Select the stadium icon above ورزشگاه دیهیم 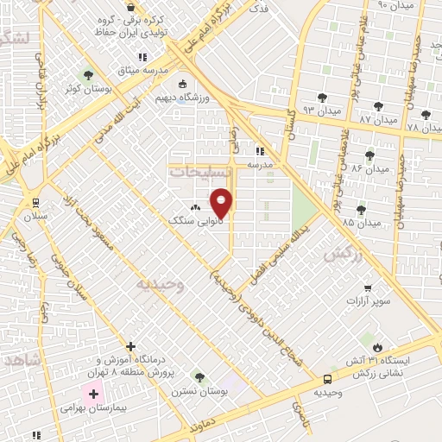click(182, 84)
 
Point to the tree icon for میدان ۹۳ click(323, 98)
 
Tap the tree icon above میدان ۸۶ click(369, 156)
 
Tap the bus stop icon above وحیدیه click(327, 378)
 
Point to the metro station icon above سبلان click(35, 203)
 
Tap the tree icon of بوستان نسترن click(199, 377)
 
